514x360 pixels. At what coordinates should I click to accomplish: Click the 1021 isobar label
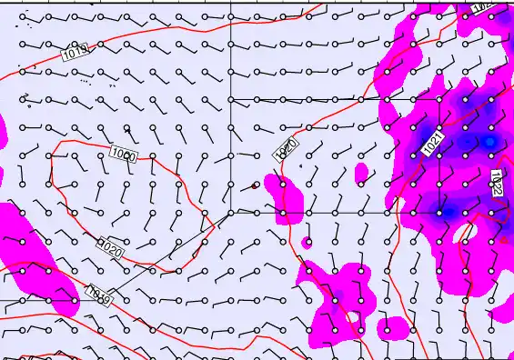(x=433, y=141)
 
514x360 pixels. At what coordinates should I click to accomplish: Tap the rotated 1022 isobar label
(x=497, y=183)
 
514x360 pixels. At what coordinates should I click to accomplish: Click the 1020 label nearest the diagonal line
(x=110, y=246)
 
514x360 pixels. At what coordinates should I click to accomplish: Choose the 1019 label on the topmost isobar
(x=76, y=54)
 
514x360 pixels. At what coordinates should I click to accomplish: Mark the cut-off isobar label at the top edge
(x=483, y=5)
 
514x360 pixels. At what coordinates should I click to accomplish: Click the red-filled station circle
(x=256, y=185)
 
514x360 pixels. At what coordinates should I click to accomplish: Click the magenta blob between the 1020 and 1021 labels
(x=361, y=172)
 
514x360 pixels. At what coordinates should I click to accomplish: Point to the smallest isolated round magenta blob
(x=307, y=242)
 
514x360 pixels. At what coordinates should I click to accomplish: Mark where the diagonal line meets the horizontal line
(x=232, y=212)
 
